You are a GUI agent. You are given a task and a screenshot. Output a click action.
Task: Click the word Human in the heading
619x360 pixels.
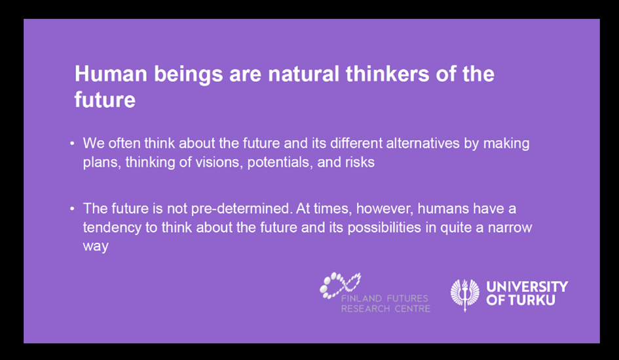pos(111,74)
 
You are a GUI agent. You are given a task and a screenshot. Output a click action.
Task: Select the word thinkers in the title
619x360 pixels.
pos(387,74)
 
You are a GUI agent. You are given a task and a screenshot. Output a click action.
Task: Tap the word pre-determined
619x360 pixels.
pos(242,209)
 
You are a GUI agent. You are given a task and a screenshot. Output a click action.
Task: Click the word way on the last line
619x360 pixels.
pos(96,247)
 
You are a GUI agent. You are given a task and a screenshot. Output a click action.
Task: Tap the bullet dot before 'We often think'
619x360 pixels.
pos(72,143)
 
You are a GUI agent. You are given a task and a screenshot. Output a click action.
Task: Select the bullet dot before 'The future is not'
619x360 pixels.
pos(72,209)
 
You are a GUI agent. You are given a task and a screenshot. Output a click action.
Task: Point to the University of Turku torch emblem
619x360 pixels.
pos(465,295)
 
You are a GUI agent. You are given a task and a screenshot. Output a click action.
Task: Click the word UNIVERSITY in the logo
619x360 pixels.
pos(527,287)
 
